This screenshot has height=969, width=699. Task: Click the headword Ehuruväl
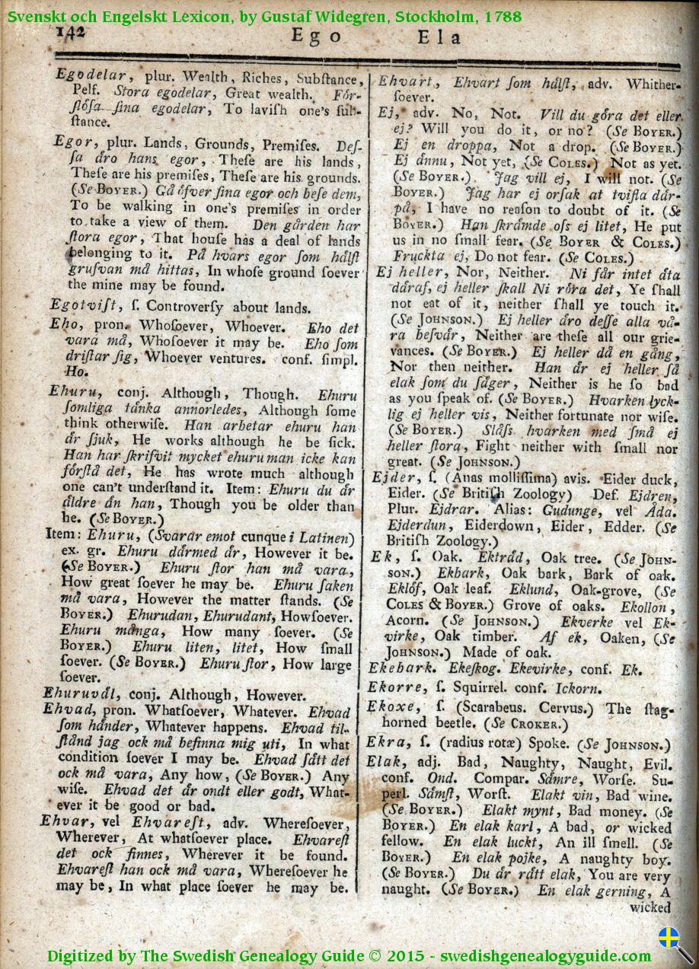[87, 695]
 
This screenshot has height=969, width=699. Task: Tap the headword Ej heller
[410, 272]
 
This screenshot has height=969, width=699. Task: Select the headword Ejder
[390, 477]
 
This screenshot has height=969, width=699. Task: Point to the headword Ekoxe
[391, 708]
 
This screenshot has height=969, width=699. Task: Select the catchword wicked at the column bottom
[650, 907]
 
